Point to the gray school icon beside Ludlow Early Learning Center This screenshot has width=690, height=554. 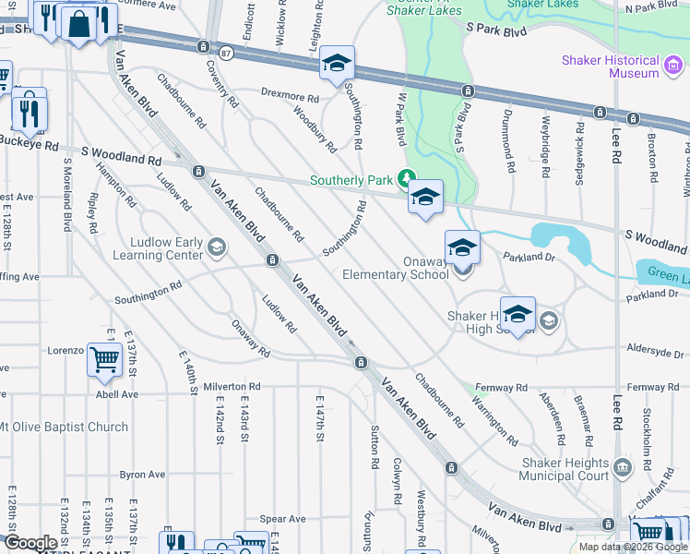tap(216, 246)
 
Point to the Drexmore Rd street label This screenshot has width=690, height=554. tap(289, 95)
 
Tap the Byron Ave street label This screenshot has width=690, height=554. tap(142, 475)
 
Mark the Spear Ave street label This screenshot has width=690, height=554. tap(282, 520)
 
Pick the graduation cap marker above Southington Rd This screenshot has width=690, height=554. tap(337, 64)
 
